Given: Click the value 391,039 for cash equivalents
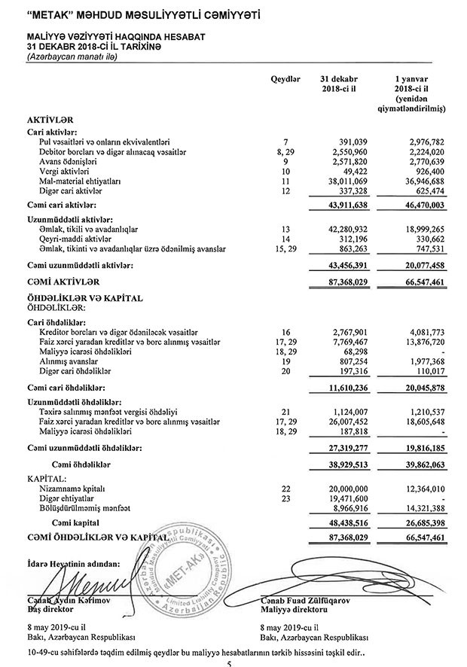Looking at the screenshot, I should click(352, 142).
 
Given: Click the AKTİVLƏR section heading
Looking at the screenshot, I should click(50, 119).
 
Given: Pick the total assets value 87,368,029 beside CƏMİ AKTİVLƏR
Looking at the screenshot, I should click(347, 282).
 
